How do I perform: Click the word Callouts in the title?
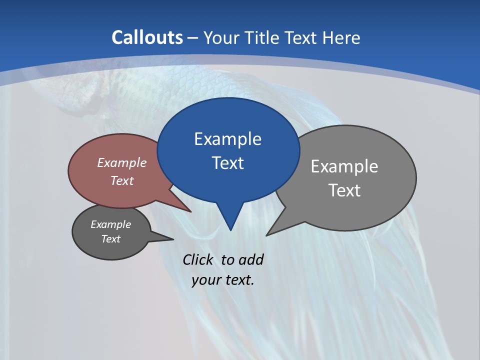147,37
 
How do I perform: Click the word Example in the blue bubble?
227,139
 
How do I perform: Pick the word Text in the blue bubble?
227,163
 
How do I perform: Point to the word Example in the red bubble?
122,162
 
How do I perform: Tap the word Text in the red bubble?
122,180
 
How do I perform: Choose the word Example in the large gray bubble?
344,166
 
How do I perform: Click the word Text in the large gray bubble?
344,190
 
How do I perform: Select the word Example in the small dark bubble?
110,224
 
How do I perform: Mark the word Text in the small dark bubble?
110,239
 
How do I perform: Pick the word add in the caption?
250,260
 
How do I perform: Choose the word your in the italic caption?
206,280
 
